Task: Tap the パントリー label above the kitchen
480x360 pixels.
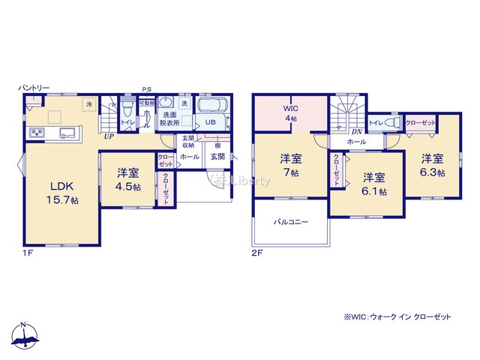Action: click(34, 88)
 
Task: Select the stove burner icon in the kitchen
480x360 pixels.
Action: click(37, 133)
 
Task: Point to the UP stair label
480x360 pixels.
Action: click(109, 136)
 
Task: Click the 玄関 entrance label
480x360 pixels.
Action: click(217, 156)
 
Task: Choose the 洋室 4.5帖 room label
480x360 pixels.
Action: click(127, 180)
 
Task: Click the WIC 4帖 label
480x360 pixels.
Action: click(289, 112)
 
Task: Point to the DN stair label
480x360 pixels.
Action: click(358, 131)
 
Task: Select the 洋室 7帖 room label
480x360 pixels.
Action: click(290, 165)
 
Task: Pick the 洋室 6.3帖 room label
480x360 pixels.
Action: click(432, 165)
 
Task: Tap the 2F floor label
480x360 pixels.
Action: click(256, 253)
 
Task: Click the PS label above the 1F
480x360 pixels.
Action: click(147, 88)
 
